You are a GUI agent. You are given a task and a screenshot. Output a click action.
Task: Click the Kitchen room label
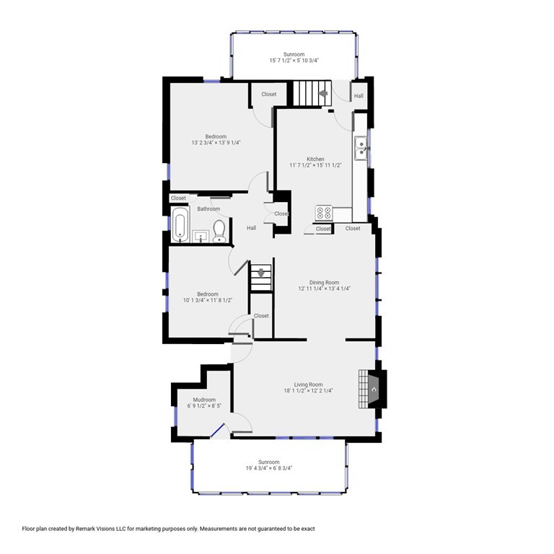point(315,159)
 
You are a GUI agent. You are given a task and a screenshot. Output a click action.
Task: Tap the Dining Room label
point(324,282)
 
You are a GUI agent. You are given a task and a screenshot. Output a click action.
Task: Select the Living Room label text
point(308,384)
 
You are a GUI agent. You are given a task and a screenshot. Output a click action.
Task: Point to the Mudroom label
point(204,400)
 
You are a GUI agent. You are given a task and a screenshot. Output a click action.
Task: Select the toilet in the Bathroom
point(219,232)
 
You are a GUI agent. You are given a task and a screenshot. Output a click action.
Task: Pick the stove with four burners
point(323,213)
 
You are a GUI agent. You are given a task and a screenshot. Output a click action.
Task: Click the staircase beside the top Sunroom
point(309,93)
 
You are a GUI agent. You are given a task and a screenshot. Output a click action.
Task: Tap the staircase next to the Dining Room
point(261,278)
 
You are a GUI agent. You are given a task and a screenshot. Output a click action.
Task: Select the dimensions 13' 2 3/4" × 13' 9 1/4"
point(216,143)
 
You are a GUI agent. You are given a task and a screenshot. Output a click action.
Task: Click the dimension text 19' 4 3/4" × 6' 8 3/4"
point(268,468)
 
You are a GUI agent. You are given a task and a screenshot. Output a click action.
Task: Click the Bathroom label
point(208,208)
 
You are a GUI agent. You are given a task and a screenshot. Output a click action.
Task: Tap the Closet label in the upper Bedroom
point(269,94)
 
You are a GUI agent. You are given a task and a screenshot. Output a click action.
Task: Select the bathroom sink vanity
point(200,236)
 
